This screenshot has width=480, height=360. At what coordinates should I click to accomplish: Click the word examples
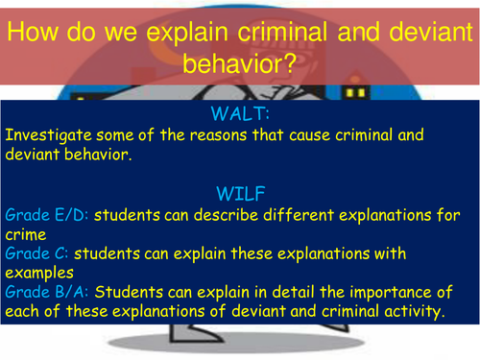click(x=36, y=273)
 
